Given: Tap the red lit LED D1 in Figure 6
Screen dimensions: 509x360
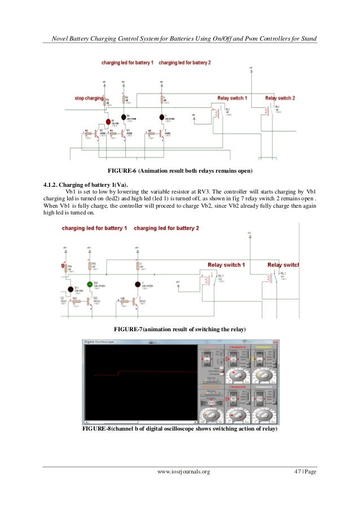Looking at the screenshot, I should coord(108,121).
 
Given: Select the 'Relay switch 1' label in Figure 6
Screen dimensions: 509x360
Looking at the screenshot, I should coord(232,98).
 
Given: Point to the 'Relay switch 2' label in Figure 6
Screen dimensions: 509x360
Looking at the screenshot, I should coord(280,98).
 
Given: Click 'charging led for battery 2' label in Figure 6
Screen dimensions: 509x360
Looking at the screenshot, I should coord(185,62).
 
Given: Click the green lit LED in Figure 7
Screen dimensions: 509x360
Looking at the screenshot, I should coord(89,283).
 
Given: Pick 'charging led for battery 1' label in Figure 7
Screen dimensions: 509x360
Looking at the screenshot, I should coord(94,229).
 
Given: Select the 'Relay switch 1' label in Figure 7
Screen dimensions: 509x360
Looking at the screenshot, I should coord(226,265).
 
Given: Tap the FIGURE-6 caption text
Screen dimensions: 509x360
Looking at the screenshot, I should coord(180,170).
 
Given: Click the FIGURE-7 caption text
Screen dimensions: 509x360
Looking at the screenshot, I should coord(180,328).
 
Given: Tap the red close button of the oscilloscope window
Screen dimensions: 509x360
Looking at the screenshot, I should coord(276,342).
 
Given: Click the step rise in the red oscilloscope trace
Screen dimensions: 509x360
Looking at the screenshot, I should coord(118,373).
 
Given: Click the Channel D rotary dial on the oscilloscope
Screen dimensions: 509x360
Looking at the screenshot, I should coord(264,415).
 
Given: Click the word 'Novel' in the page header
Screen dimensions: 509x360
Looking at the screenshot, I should coord(60,38).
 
